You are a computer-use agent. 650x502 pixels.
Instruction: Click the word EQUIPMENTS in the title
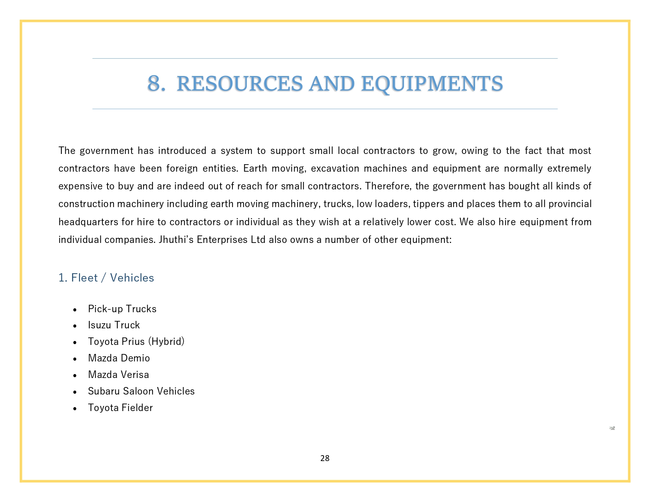pyautogui.click(x=432, y=84)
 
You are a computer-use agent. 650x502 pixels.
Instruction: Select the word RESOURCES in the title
pyautogui.click(x=240, y=84)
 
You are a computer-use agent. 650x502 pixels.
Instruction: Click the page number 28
pyautogui.click(x=325, y=458)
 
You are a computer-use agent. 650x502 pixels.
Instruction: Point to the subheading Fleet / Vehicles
pyautogui.click(x=106, y=278)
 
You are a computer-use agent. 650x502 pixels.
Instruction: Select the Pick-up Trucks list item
pyautogui.click(x=122, y=309)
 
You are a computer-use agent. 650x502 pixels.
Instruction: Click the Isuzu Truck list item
pyautogui.click(x=114, y=325)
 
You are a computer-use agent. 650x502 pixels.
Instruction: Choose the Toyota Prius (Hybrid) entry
pyautogui.click(x=136, y=341)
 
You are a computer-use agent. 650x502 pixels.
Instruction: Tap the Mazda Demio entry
pyautogui.click(x=119, y=358)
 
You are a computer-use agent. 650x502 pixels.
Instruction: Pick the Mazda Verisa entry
pyautogui.click(x=119, y=375)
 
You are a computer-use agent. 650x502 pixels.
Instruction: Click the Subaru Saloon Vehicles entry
pyautogui.click(x=141, y=391)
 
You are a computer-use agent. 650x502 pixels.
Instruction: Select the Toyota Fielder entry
pyautogui.click(x=120, y=408)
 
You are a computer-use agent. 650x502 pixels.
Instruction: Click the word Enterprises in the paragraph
pyautogui.click(x=222, y=240)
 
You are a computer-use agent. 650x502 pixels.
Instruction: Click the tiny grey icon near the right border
pyautogui.click(x=612, y=428)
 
